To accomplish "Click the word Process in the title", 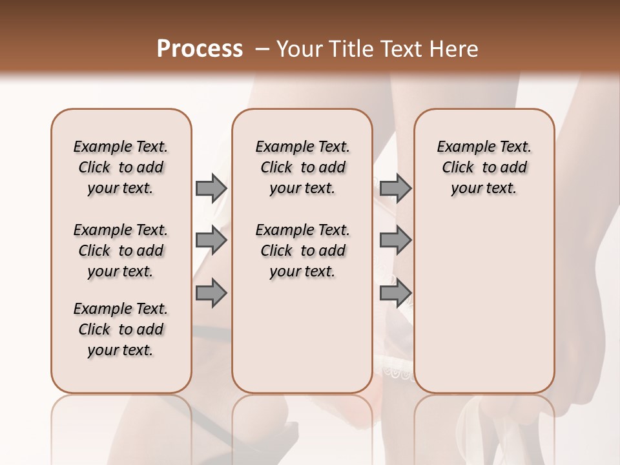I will (x=199, y=49).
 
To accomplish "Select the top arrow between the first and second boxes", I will (x=211, y=188).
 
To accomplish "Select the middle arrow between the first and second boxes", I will (x=211, y=240).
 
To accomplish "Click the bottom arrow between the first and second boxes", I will (x=211, y=293).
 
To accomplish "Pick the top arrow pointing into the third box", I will (x=395, y=188).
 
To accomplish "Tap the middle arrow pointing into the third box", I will (x=395, y=240).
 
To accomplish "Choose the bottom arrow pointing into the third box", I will (x=395, y=293).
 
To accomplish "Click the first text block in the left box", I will (x=121, y=167).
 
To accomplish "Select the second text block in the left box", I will (x=121, y=251).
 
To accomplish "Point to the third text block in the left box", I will (x=121, y=329).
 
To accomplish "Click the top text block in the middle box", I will (x=302, y=167).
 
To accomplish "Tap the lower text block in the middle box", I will (x=302, y=251).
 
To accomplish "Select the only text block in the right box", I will (x=484, y=167).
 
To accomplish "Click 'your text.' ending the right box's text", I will (x=484, y=189).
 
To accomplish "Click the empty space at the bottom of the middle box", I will (x=302, y=342).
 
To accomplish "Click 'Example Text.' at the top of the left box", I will (x=121, y=147).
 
